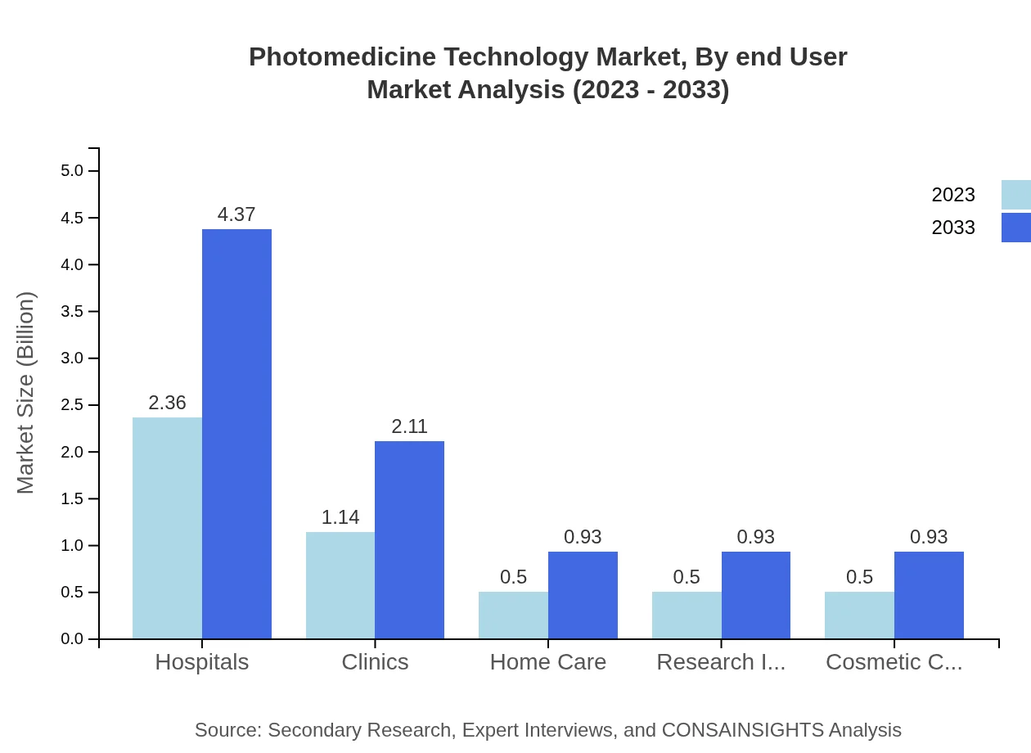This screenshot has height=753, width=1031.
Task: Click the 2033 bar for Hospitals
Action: (x=236, y=434)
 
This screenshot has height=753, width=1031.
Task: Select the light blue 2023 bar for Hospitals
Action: (x=167, y=528)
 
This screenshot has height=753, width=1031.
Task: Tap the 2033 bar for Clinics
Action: (x=409, y=540)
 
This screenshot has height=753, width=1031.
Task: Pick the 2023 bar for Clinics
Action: (x=340, y=585)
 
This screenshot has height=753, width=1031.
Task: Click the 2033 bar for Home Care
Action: (x=583, y=595)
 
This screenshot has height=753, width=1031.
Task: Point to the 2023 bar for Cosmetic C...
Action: (x=859, y=615)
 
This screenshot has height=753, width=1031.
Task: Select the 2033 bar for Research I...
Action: (x=756, y=595)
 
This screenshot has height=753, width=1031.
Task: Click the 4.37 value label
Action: (x=236, y=214)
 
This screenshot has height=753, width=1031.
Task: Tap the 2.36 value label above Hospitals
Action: (x=167, y=403)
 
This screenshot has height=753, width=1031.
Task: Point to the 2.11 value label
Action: (x=409, y=426)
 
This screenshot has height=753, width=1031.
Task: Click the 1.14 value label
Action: (x=340, y=517)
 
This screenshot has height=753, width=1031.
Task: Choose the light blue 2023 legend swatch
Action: (x=1015, y=195)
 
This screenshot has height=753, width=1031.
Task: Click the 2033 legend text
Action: (x=953, y=228)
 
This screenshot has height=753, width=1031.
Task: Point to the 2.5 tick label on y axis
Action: (x=72, y=405)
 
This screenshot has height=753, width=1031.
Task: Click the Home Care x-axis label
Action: (x=548, y=662)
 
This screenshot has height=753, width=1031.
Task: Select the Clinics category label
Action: (x=375, y=662)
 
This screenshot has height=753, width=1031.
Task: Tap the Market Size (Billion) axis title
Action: (x=26, y=393)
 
